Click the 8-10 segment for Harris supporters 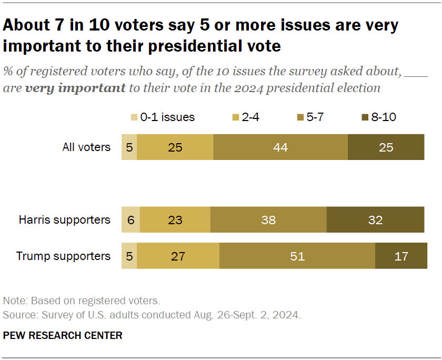pos(375,219)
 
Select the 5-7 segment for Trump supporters pos(297,256)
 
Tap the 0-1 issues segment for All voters pos(129,147)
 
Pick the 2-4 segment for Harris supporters pos(175,219)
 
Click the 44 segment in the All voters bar pos(280,147)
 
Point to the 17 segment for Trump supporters pos(401,256)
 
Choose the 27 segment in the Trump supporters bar pos(178,256)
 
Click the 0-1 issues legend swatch pos(134,117)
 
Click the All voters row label pos(86,147)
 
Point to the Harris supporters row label pos(64,219)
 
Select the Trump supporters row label pos(63,256)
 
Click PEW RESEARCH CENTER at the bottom pos(63,335)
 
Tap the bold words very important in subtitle pos(75,88)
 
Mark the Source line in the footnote pos(152,316)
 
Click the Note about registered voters pos(81,302)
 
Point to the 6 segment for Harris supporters pos(130,219)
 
